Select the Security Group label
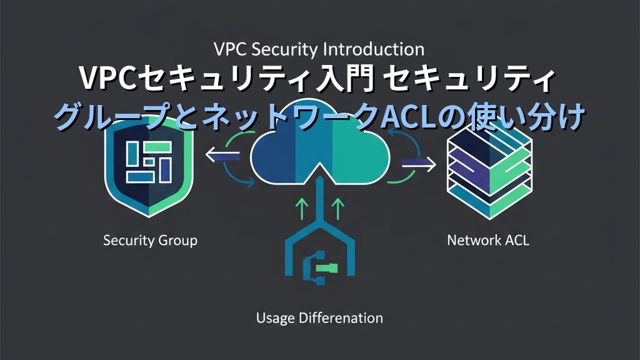[x=150, y=240]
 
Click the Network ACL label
[x=488, y=240]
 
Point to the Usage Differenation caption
[x=319, y=317]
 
